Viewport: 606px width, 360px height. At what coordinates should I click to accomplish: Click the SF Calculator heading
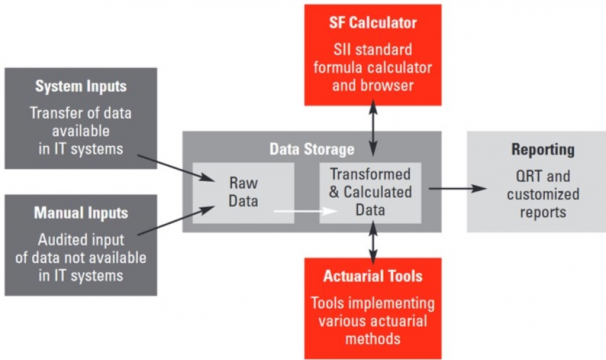point(372,23)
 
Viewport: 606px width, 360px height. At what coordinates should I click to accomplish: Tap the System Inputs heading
point(81,86)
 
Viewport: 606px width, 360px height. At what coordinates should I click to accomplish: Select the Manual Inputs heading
point(81,213)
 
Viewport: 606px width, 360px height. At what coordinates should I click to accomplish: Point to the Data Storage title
point(312,149)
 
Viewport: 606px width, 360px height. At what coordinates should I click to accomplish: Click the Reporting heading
point(542,150)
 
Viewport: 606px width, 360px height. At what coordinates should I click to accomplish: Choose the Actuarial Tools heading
point(372,276)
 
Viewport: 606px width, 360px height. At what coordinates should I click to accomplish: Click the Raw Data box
point(243,192)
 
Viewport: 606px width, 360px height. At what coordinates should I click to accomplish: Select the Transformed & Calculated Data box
point(370,191)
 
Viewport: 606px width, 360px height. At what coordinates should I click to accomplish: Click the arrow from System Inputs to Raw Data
point(177,166)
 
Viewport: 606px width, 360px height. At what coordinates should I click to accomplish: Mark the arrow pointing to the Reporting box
point(458,188)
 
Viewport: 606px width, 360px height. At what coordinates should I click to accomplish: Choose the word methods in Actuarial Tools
point(372,339)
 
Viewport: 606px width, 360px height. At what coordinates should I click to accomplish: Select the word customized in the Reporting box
point(542,194)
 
